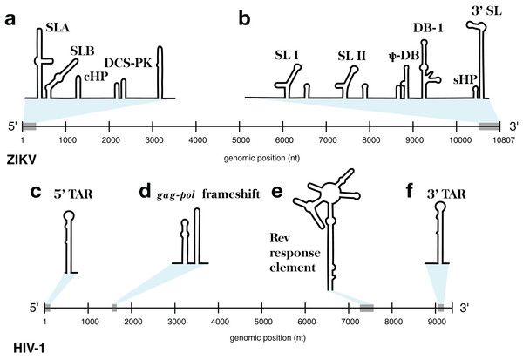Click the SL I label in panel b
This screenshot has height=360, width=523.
[x=285, y=58]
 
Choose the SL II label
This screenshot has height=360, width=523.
[x=350, y=58]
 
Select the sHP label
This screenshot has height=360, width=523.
[x=465, y=79]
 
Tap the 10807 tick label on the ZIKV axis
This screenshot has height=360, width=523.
[x=498, y=139]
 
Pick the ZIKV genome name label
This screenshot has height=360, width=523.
[x=21, y=160]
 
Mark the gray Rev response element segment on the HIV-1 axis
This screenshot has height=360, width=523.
[x=367, y=307]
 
